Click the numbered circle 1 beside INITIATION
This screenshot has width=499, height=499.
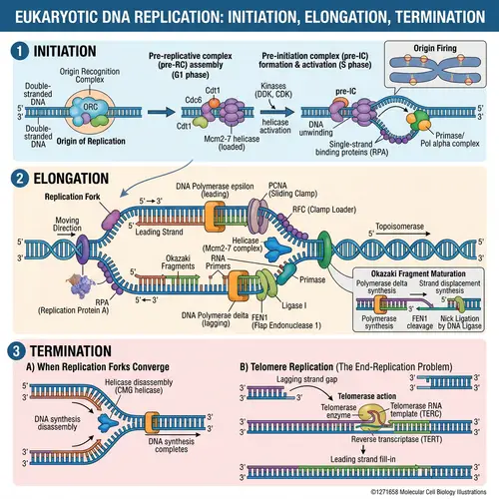tap(16, 50)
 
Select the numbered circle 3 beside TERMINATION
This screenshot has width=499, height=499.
tap(16, 350)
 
